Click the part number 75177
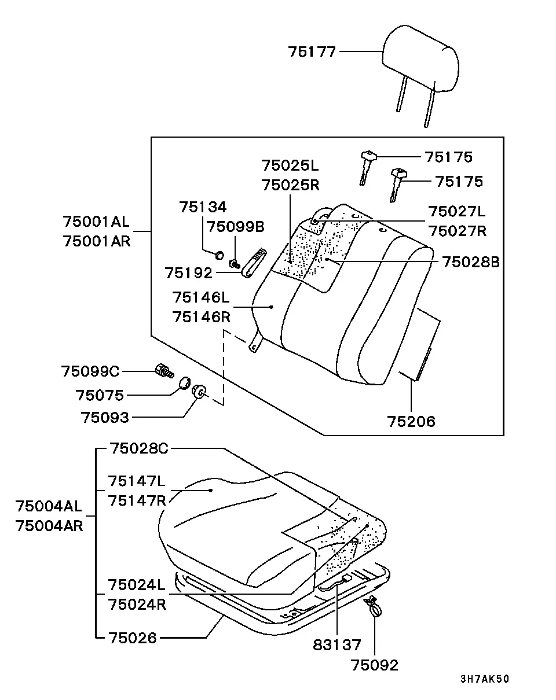312,51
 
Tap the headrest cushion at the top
420,58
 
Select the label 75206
411,421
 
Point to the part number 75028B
471,262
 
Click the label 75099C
90,371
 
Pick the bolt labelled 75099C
164,371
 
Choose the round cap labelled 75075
185,383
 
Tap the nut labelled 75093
199,391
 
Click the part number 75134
203,207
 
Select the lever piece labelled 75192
254,263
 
